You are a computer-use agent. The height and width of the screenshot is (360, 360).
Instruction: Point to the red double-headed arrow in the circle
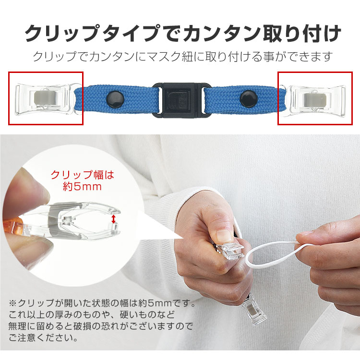point(114,219)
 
